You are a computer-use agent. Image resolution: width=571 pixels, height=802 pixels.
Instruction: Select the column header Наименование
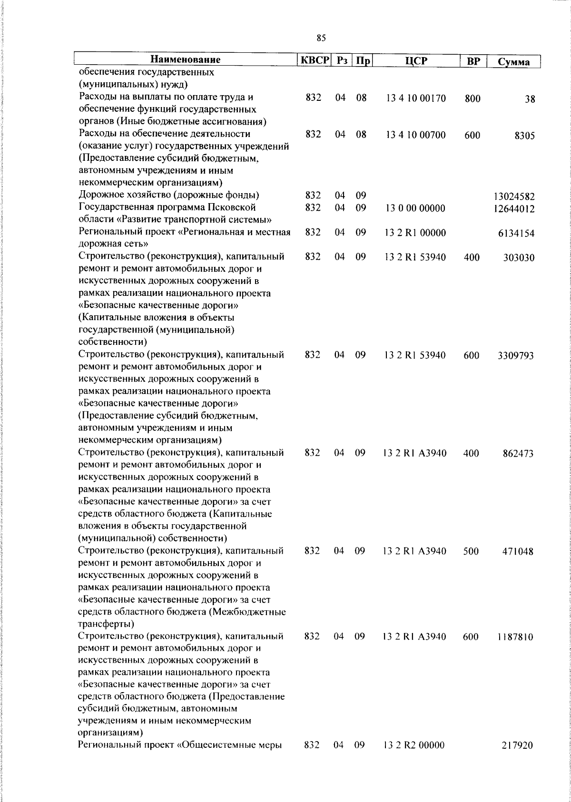tap(186, 60)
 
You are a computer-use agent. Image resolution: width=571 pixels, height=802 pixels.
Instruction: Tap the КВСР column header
tap(314, 60)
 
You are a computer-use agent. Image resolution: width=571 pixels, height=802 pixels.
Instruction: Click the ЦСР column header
tap(416, 61)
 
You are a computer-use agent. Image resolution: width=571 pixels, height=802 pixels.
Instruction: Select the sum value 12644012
tap(514, 209)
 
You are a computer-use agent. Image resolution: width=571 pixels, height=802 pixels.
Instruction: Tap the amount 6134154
tap(516, 234)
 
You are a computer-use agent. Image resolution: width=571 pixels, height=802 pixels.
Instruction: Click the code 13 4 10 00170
tap(416, 98)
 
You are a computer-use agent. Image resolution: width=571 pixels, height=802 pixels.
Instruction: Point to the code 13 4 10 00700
tap(416, 135)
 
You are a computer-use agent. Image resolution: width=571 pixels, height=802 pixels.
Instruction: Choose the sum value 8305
tap(524, 136)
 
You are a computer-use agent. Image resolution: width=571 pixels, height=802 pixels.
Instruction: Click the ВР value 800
tap(473, 99)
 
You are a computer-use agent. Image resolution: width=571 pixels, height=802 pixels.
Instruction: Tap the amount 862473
tap(518, 454)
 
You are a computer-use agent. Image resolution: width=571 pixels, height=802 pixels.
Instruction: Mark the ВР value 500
tap(471, 551)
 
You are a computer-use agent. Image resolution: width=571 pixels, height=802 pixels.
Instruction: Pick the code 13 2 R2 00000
tap(414, 745)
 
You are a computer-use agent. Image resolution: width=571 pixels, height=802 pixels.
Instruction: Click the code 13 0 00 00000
tap(416, 208)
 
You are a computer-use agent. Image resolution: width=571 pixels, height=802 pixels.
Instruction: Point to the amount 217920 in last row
tap(518, 745)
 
